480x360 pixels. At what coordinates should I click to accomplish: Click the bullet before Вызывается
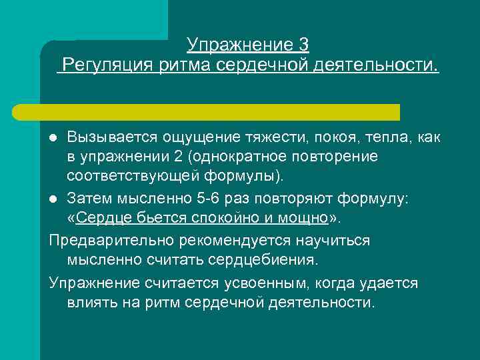[54, 138]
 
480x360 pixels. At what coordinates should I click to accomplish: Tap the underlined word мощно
[304, 220]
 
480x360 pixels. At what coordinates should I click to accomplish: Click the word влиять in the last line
[93, 302]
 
